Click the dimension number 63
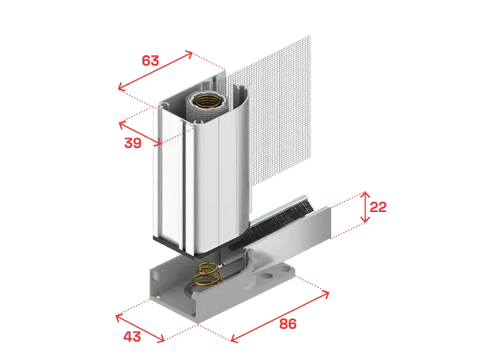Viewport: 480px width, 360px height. coord(150,61)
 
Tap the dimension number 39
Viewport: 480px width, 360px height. coord(133,143)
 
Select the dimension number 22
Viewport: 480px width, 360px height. coord(378,207)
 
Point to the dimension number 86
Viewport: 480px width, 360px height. coord(288,324)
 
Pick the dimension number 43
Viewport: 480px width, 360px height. coord(132,337)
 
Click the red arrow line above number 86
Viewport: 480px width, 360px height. coord(279,317)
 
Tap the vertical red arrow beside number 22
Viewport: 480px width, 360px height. coord(365,207)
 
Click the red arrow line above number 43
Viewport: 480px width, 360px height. coord(140,328)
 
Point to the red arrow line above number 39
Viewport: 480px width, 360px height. coord(140,133)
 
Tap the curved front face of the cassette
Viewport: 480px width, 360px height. coord(221,171)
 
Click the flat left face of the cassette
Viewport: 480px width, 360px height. coord(169,174)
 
